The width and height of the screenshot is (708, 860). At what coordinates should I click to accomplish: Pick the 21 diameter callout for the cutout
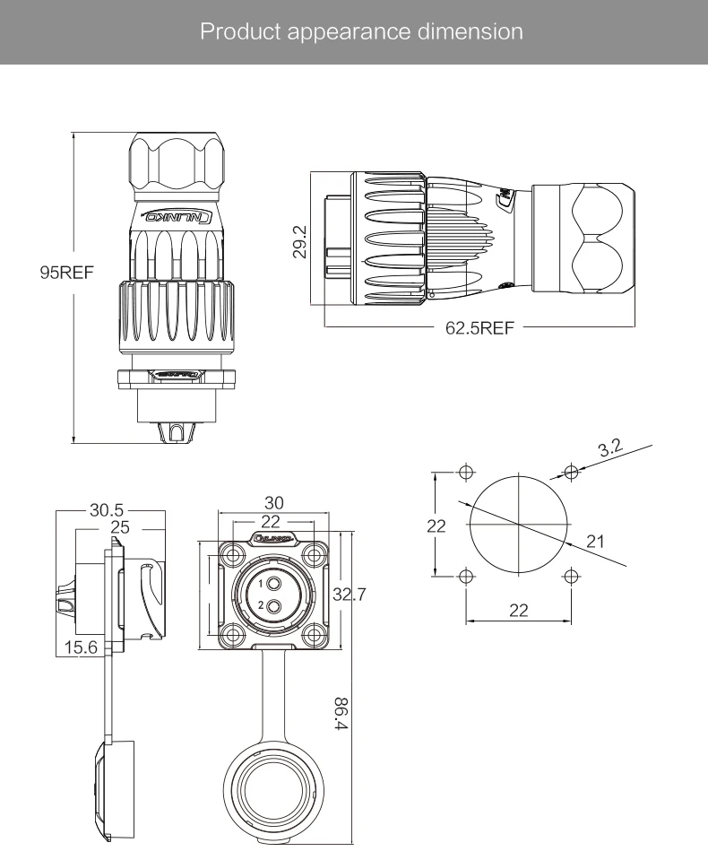coord(596,540)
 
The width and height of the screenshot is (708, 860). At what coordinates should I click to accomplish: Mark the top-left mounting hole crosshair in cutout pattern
coord(465,473)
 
